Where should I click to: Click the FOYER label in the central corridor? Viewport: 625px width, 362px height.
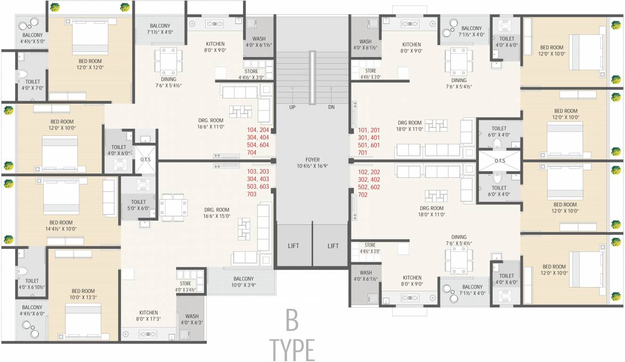click(313, 163)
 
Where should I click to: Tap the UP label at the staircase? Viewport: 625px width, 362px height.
click(292, 107)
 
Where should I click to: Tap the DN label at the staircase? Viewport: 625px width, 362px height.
click(332, 107)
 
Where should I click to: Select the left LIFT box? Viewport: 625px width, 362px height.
click(293, 246)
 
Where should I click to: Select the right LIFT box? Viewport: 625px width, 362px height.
click(333, 246)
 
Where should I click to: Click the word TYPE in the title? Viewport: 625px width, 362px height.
click(292, 349)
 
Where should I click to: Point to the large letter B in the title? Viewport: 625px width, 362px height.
click(292, 321)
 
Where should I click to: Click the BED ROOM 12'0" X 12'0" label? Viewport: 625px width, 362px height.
click(90, 65)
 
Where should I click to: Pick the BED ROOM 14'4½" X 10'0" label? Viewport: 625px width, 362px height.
click(61, 226)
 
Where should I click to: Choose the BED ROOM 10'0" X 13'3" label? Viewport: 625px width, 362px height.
click(83, 295)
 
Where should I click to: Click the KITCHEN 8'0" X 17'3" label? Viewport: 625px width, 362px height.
click(148, 316)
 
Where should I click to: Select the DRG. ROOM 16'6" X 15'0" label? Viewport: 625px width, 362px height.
click(217, 213)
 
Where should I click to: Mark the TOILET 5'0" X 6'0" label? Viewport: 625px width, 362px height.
click(138, 205)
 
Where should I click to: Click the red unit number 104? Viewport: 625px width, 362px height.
click(252, 130)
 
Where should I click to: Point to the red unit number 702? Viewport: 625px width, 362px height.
click(363, 195)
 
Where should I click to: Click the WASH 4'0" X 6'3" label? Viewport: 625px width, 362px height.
click(192, 320)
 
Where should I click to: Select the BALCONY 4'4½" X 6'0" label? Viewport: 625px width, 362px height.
click(32, 311)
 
